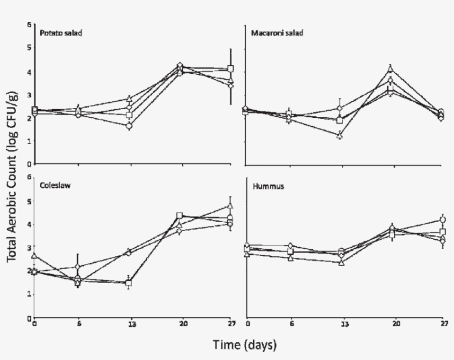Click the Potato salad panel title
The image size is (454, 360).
point(60,33)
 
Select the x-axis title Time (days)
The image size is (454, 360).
point(244,344)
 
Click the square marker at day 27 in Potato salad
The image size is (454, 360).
point(230,69)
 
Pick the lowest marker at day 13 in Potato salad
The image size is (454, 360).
point(129,126)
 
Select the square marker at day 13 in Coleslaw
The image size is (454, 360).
point(128,283)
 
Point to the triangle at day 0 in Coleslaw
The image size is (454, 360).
point(35,256)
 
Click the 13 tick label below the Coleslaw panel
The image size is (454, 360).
point(128,325)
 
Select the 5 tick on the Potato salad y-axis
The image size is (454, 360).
point(29,48)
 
